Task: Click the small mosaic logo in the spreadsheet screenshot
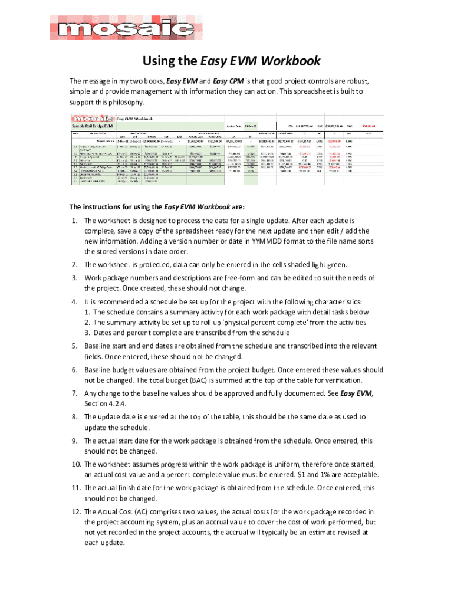(89, 119)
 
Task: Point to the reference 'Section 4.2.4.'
(106, 404)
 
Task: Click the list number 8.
(74, 417)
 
